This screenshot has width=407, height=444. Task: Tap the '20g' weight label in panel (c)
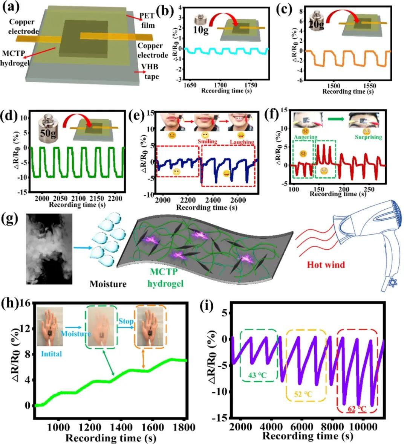coord(317,24)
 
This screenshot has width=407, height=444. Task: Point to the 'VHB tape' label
coord(150,72)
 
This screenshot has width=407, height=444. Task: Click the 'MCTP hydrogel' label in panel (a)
coord(15,59)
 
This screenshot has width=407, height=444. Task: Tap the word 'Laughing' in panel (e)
coord(242,142)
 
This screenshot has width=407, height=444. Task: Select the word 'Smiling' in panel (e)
coord(207,141)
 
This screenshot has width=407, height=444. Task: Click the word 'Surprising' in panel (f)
coord(368,137)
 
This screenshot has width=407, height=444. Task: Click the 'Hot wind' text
coord(326,265)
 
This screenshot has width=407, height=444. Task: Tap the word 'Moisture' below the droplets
coord(108,284)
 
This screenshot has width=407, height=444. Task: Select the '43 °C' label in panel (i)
coord(259,375)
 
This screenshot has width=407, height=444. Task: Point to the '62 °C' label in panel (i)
coord(357,408)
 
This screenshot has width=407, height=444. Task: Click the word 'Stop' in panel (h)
coord(126,322)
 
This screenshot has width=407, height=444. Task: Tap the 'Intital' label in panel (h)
coord(51,354)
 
